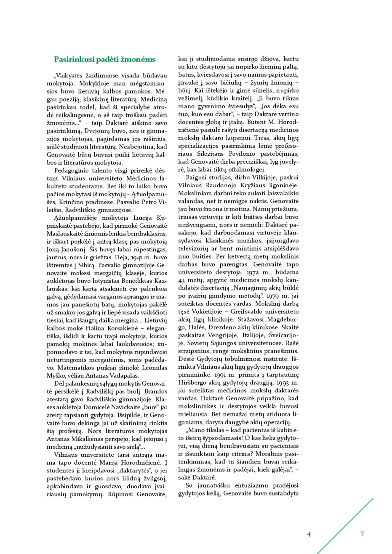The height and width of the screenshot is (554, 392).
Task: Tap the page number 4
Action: click(x=309, y=534)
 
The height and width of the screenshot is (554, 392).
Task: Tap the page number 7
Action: click(x=362, y=534)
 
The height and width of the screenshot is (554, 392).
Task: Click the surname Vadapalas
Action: click(x=124, y=376)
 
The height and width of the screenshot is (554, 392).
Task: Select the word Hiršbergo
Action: click(x=195, y=383)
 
